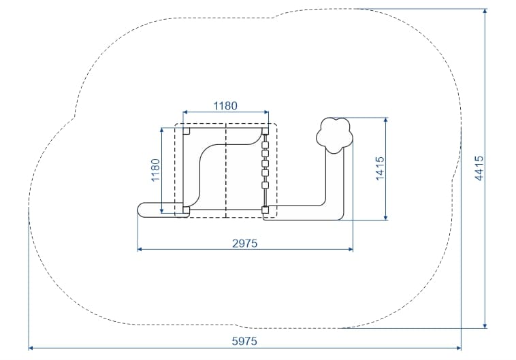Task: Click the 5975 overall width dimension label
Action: coord(244,341)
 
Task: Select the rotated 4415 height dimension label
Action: coord(479,168)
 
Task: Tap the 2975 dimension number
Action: coord(245,243)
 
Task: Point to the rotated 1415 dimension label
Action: coord(380,168)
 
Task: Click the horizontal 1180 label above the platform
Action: coord(225,105)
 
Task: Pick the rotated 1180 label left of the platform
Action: coord(155,170)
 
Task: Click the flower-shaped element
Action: coord(334,135)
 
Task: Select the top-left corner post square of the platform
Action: coord(187,131)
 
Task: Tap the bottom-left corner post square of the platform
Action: coord(187,210)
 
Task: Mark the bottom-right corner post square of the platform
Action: coord(265,210)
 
